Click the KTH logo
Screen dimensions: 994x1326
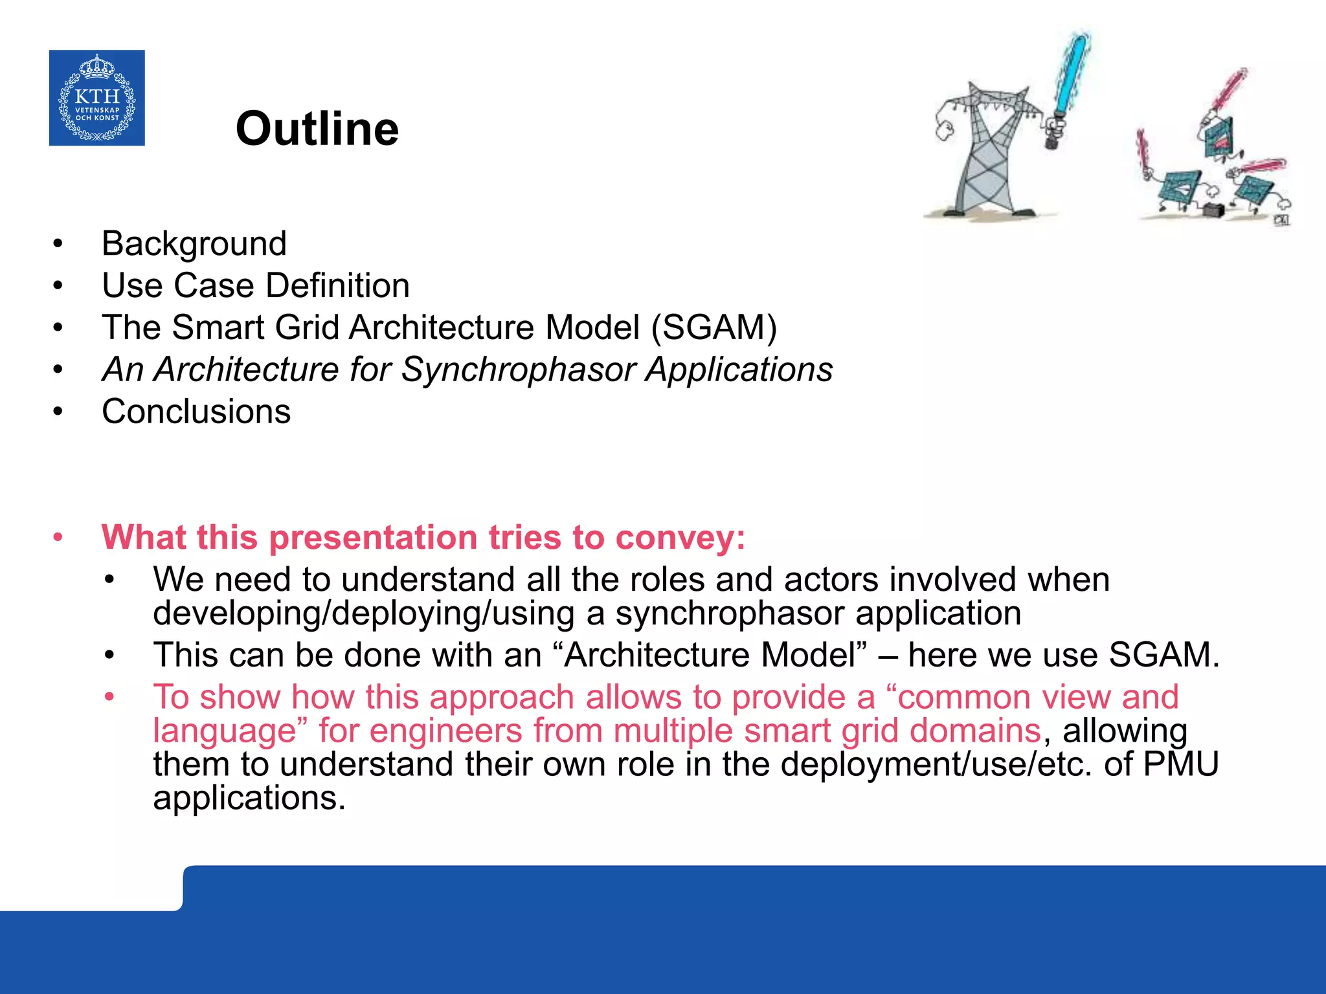point(96,98)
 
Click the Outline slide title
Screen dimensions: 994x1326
point(317,129)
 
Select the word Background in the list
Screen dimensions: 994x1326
point(194,244)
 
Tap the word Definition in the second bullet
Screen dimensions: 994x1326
point(337,286)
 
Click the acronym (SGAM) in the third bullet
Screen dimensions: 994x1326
point(714,327)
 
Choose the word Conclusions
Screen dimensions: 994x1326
point(196,412)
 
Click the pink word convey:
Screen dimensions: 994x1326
point(680,538)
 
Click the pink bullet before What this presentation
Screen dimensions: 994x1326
point(58,538)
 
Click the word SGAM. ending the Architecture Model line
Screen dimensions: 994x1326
point(1163,655)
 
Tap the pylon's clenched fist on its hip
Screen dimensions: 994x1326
point(945,130)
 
